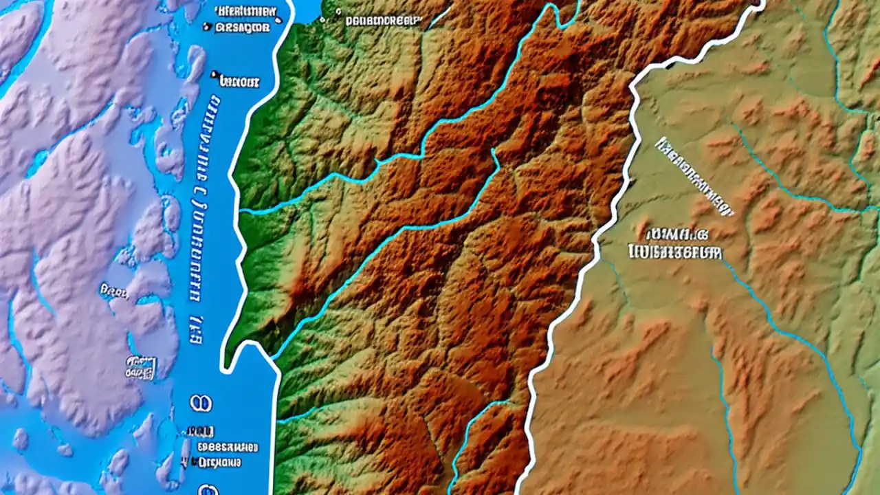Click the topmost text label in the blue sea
pos(245,12)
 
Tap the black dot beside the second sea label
pos(207,27)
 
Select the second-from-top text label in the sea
pos(242,27)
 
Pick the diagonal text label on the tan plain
pos(694,176)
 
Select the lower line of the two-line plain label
pos(675,252)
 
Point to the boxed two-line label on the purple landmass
pos(140,367)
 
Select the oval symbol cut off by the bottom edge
pos(206,490)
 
